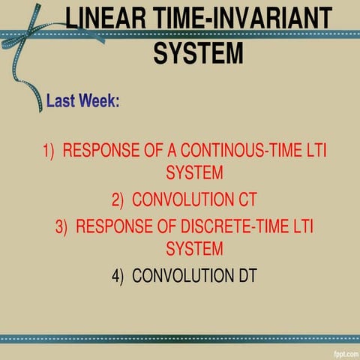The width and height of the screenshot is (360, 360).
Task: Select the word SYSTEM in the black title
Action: [198, 52]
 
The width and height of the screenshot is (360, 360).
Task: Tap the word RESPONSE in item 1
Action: [100, 151]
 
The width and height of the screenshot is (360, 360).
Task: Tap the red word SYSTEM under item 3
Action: [194, 248]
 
